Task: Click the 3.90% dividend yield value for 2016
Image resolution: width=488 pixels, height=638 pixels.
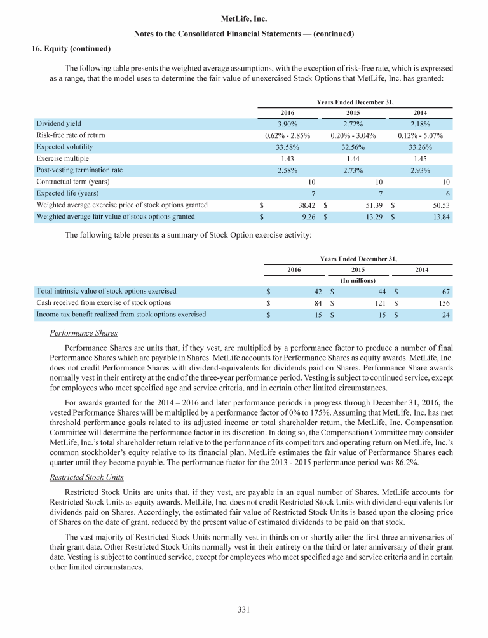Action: click(x=289, y=123)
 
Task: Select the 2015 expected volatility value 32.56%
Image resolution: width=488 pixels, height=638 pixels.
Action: click(x=353, y=147)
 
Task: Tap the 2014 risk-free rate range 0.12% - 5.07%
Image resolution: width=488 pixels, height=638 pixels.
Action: click(x=418, y=135)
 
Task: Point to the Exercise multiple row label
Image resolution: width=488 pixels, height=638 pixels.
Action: click(x=63, y=158)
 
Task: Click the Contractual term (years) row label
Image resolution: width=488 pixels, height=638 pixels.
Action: click(x=77, y=182)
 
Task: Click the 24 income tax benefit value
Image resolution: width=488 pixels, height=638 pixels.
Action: click(x=447, y=315)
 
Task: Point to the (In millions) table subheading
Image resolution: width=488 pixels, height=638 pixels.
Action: click(x=353, y=280)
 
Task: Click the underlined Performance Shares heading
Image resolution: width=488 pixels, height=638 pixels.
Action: click(x=83, y=333)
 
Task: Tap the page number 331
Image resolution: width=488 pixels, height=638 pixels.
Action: click(x=243, y=610)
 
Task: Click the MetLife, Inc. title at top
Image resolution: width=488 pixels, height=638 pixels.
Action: click(x=243, y=20)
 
